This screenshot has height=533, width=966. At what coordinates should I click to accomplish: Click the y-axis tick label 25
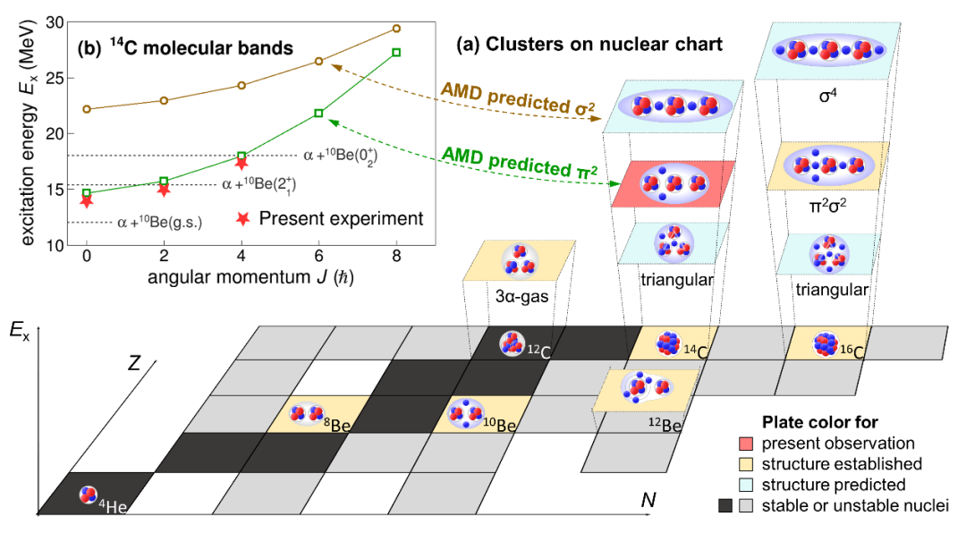coord(55,77)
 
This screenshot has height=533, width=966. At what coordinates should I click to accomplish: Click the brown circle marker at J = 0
coord(86,109)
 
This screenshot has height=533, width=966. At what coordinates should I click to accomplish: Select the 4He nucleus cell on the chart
coord(89,494)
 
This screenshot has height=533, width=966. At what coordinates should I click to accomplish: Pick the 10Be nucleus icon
coord(462,414)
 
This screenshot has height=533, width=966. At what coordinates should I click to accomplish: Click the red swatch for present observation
coord(750,443)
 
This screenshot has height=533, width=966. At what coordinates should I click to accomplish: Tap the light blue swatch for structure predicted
coord(750,485)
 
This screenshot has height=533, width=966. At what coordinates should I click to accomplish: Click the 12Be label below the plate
coord(662,426)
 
